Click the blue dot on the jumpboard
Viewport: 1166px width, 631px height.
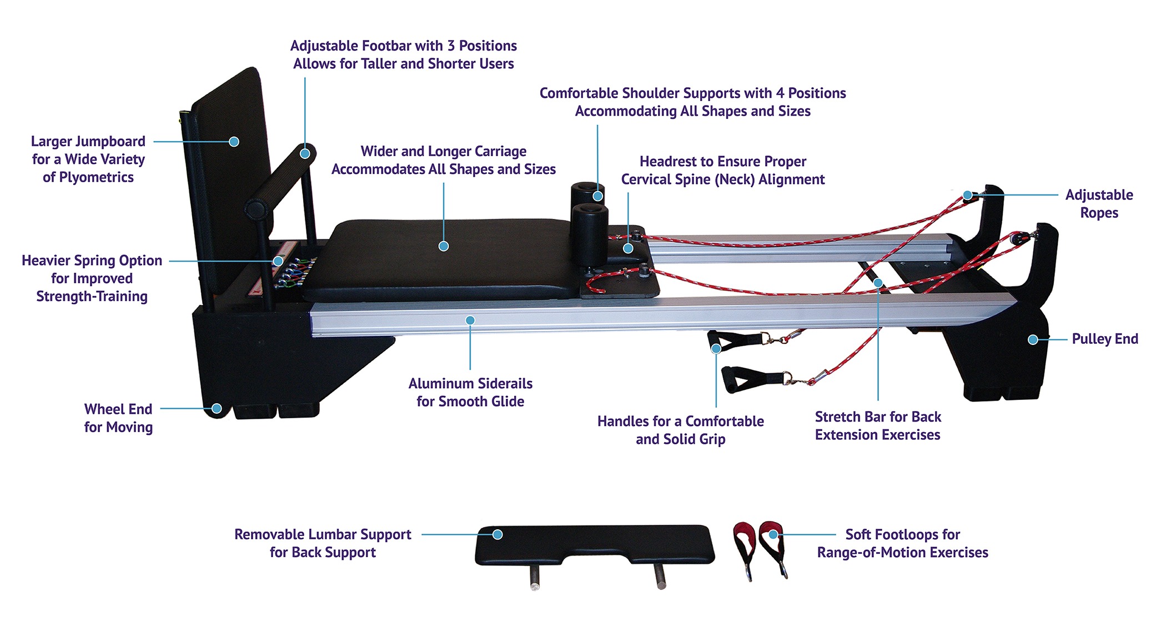[234, 142]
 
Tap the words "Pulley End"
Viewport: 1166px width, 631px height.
[1104, 339]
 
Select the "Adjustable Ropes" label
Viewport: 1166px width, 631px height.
[1099, 204]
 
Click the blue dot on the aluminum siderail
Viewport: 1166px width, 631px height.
[470, 320]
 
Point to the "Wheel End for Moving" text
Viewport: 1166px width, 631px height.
[118, 418]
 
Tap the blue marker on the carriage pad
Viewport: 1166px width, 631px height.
[444, 246]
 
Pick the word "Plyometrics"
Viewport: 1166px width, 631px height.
[88, 177]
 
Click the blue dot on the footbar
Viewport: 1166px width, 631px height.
[305, 153]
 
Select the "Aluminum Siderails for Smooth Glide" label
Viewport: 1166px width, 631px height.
[470, 392]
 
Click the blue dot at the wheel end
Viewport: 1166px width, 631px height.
[217, 409]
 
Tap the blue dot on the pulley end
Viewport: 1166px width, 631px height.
[1033, 339]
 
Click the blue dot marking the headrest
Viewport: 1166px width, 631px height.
[628, 248]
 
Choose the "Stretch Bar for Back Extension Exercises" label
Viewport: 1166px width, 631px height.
[878, 425]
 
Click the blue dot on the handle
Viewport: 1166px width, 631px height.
[716, 349]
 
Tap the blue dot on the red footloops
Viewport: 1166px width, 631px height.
[773, 534]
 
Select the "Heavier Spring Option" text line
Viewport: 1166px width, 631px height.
[92, 261]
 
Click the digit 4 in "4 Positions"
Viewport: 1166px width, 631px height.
[780, 93]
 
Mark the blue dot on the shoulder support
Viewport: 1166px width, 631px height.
[597, 196]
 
